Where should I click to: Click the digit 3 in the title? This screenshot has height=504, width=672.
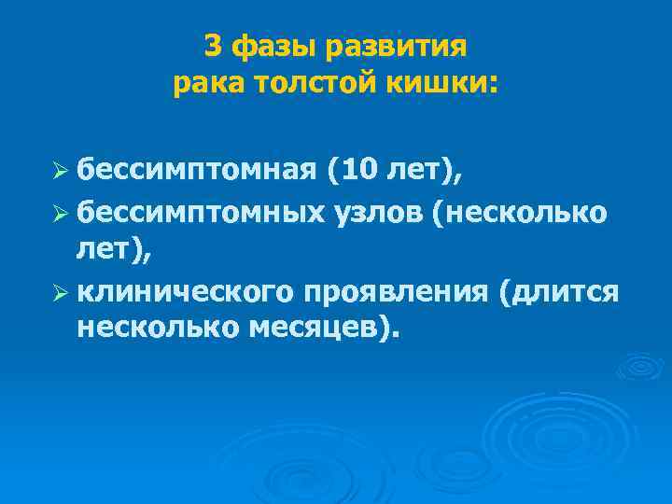(x=213, y=47)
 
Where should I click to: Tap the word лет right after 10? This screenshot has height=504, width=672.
(x=420, y=171)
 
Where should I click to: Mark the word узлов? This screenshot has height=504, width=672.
(x=376, y=213)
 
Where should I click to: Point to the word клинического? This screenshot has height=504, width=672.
(x=185, y=291)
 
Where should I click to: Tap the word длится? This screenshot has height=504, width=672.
(x=561, y=291)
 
